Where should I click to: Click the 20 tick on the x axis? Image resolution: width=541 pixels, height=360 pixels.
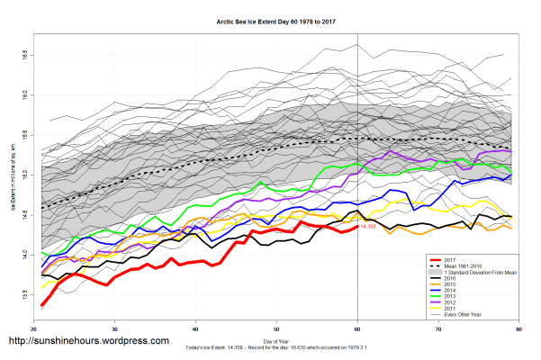pos(34,331)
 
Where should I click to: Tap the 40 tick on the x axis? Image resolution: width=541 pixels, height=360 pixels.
pos(196,331)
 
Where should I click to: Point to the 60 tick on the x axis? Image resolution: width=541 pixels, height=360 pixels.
pos(358,331)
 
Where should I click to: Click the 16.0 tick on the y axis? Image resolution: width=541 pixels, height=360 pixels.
pos(23,94)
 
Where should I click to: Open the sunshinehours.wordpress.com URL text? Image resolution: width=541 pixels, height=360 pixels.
pos(88,341)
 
